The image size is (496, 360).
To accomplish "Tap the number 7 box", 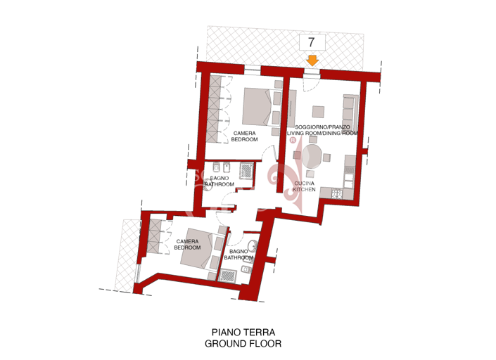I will tap(312, 43).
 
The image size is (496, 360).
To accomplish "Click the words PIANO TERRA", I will tap(243, 332).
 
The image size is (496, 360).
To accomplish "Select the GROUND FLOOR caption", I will tap(243, 344).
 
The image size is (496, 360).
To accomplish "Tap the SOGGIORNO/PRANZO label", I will tap(323, 127).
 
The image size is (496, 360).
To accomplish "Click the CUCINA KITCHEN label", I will tap(305, 186).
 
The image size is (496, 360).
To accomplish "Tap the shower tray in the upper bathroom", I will tap(248, 170).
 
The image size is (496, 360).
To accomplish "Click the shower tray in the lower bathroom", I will tap(228, 275).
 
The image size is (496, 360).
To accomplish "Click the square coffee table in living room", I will tap(319, 111).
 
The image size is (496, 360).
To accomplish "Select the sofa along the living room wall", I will tap(348, 109).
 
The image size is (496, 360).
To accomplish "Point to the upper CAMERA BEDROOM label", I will tap(244, 136).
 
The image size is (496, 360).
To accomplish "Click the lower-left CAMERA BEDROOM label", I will tap(187, 244).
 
